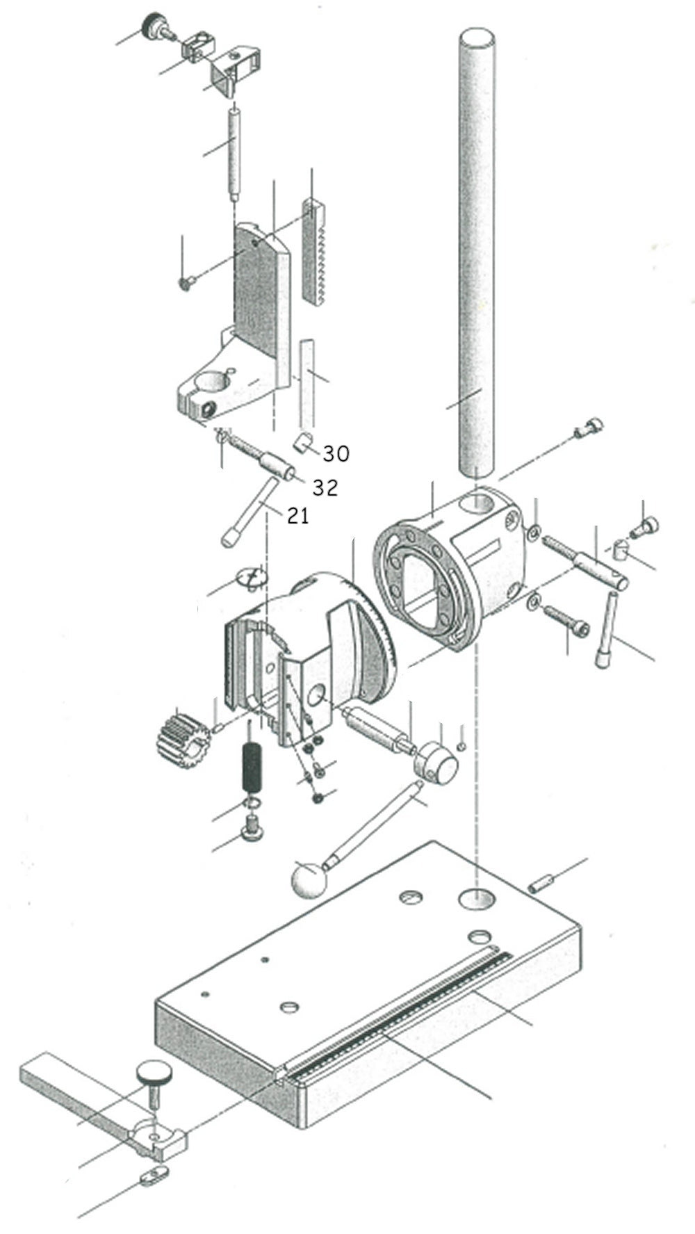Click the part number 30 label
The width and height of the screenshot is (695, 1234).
(x=336, y=454)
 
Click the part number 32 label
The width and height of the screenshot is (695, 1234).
(x=325, y=488)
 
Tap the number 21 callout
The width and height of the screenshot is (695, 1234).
(x=297, y=516)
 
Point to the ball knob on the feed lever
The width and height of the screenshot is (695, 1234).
(x=309, y=879)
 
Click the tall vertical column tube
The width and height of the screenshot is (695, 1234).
(x=477, y=250)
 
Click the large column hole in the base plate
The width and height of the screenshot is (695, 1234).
(x=477, y=898)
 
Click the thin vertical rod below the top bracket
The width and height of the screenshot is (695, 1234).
(x=235, y=151)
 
